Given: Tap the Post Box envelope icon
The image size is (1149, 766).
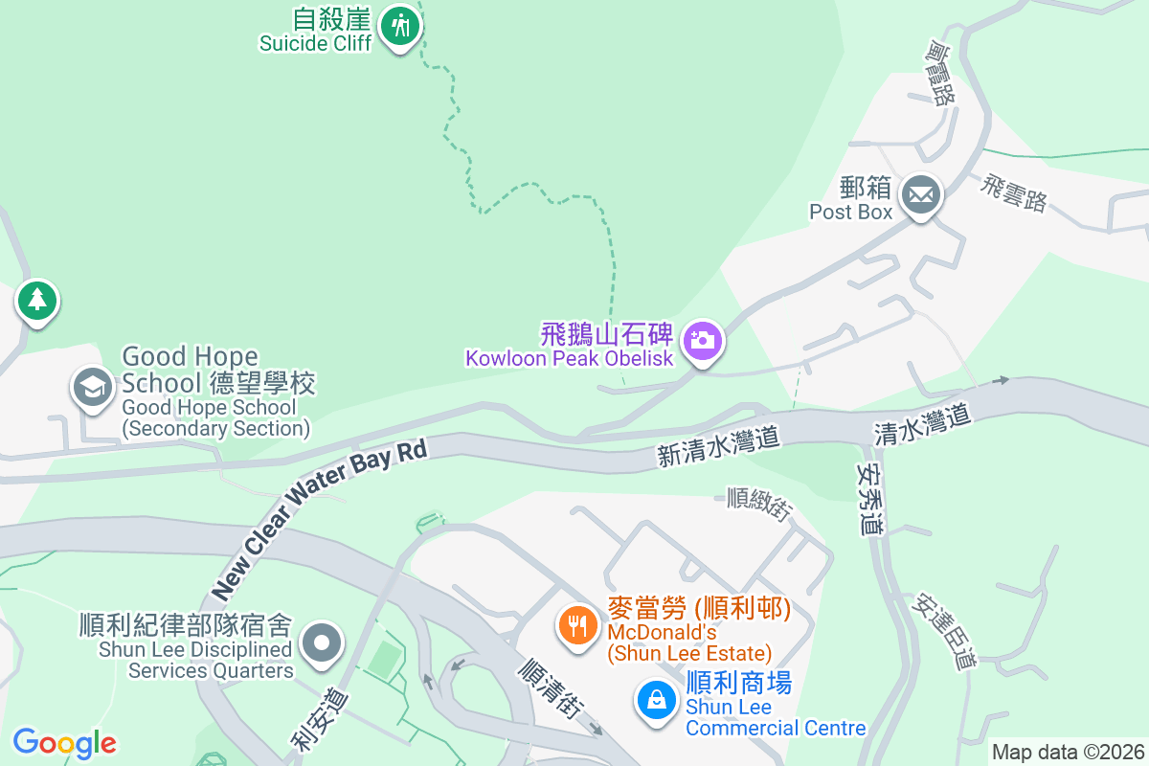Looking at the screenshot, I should pos(922,195).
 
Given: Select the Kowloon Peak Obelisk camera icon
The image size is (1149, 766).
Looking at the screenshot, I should pos(703,341).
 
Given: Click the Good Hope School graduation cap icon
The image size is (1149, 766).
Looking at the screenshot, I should pos(92,388).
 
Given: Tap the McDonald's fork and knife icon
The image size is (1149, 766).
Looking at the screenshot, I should pos(576,626).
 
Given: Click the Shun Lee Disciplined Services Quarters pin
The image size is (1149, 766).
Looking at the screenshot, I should pos(322,642).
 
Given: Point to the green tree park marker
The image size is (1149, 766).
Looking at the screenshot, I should pos(36,301).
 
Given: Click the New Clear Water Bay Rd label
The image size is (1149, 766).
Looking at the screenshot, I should pos(318,521).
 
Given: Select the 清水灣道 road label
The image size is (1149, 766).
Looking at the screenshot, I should pos(922,422).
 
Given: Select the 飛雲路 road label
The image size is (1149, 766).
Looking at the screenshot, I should pos(1013,191).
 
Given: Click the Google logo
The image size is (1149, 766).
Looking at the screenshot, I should pos(64,743).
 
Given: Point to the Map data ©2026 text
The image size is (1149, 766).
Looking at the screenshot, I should pos(1068,752).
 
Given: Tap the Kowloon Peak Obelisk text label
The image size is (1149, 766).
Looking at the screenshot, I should pos(570,359).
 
